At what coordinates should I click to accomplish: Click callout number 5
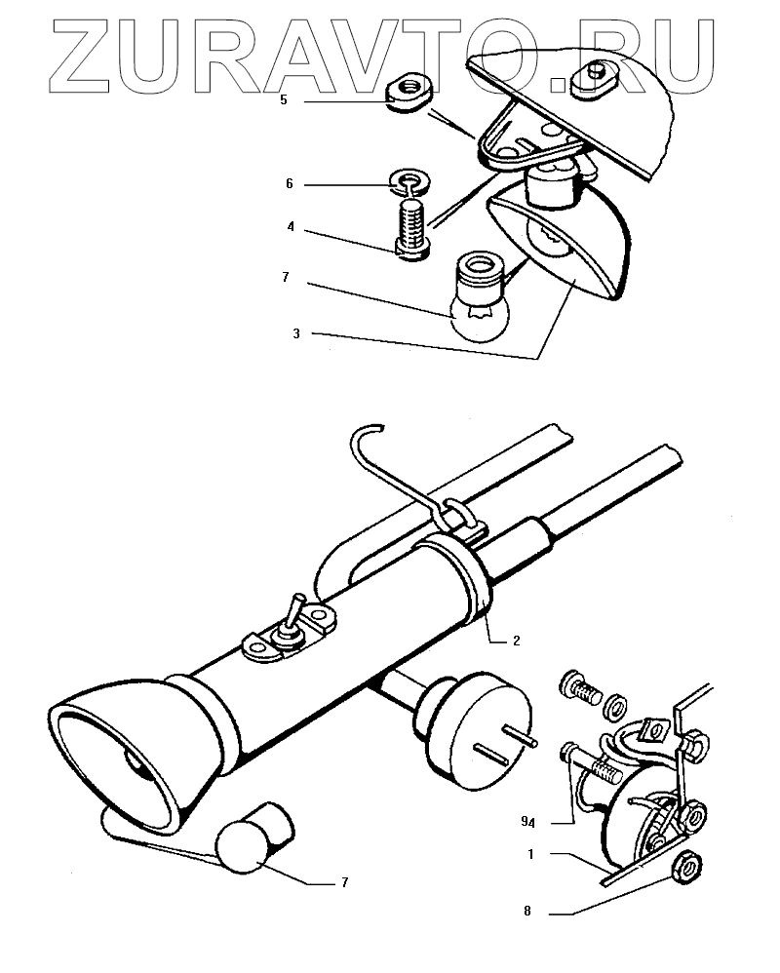pos(284,99)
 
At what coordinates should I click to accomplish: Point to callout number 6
pos(290,183)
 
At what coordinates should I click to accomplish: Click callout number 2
pos(517,641)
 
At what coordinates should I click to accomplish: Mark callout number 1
pos(530,854)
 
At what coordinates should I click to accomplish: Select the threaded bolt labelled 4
pos(412,226)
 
